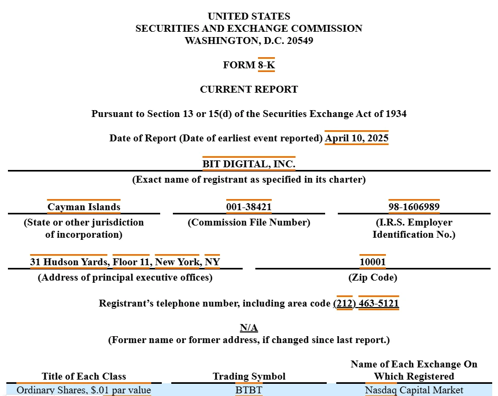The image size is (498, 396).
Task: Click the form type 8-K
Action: [x=266, y=65]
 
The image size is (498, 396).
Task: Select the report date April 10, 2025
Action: [x=356, y=138]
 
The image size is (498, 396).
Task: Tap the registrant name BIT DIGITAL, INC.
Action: [x=248, y=164]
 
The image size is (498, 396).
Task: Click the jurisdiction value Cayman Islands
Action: [x=84, y=207]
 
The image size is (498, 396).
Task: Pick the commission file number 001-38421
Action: [x=248, y=207]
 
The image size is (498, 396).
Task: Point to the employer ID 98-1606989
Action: [x=414, y=207]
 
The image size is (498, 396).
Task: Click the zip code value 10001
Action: [x=372, y=262]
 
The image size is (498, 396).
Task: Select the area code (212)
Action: [x=344, y=303]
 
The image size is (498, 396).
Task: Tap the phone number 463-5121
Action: [x=379, y=303]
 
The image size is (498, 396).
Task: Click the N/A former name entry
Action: [x=248, y=328]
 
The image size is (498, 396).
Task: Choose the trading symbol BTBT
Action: [x=248, y=390]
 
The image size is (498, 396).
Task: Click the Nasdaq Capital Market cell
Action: [x=414, y=390]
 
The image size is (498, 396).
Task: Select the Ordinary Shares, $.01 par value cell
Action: [x=84, y=390]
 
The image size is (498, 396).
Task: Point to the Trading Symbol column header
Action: [x=248, y=376]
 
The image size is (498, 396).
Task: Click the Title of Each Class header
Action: [x=84, y=376]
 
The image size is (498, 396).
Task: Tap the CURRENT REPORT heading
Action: [x=248, y=89]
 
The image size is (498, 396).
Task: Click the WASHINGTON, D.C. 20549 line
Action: [x=248, y=41]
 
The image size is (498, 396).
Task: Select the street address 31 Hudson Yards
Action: [x=69, y=262]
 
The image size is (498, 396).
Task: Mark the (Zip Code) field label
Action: [x=372, y=277]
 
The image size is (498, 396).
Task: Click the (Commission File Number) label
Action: [x=248, y=222]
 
